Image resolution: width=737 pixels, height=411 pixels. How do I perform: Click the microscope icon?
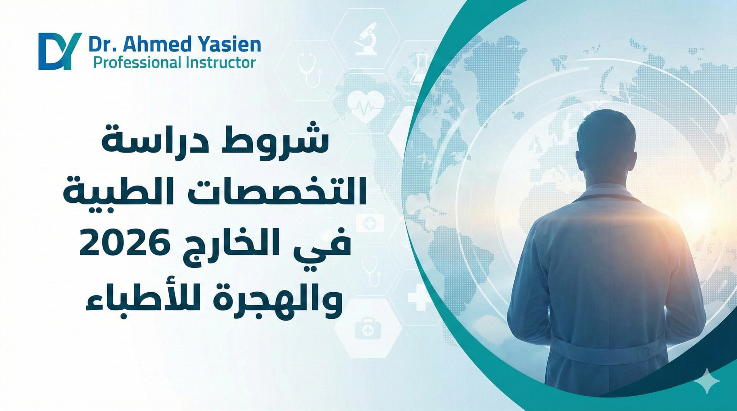coord(366,43)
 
